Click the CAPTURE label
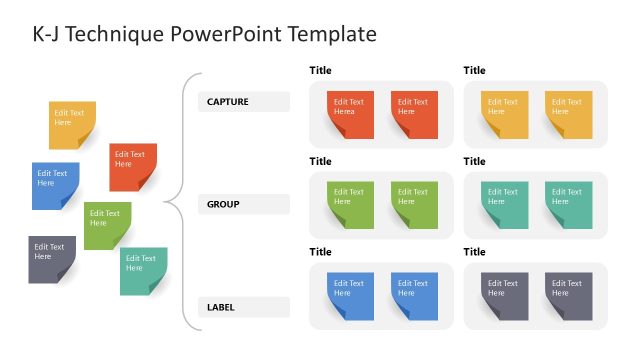click(x=243, y=102)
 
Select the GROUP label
click(x=243, y=204)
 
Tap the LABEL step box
click(x=243, y=307)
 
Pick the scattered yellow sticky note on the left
click(x=72, y=124)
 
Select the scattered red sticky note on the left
click(x=132, y=166)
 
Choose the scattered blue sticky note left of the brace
click(x=55, y=185)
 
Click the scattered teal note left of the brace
click(x=143, y=270)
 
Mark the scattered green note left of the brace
click(x=107, y=225)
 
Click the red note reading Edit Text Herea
click(x=350, y=113)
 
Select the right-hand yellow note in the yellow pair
click(x=568, y=113)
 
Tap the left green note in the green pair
click(x=350, y=203)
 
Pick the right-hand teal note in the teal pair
click(x=568, y=203)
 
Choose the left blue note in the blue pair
click(x=350, y=295)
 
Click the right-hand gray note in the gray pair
click(x=568, y=295)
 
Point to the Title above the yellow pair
click(x=474, y=70)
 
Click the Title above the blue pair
click(x=320, y=252)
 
